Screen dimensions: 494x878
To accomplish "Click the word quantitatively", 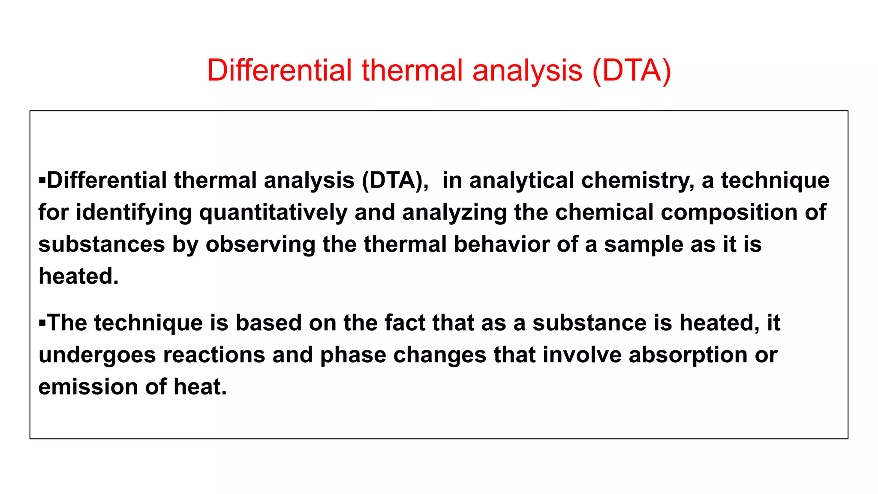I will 273,213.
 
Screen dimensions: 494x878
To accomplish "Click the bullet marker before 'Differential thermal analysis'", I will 42,180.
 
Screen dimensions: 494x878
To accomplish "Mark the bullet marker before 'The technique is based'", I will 42,322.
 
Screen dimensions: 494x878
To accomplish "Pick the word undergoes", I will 97,355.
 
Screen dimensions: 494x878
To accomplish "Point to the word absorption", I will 688,355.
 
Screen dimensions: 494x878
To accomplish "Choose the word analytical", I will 521,181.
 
